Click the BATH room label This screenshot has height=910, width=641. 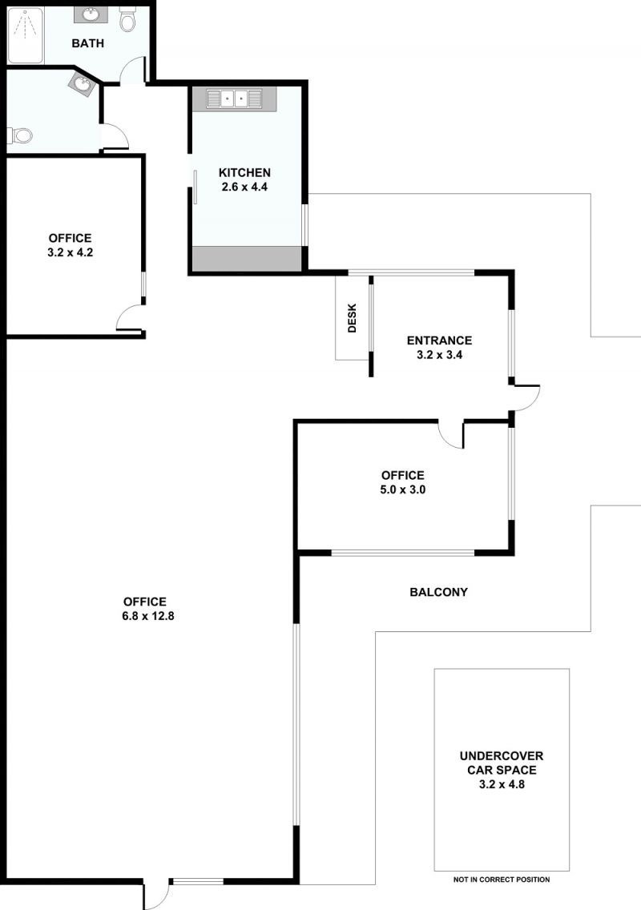(x=87, y=43)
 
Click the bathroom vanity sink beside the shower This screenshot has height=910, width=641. (x=91, y=14)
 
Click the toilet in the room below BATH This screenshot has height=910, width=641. (x=19, y=136)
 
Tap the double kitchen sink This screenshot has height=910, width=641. (x=235, y=99)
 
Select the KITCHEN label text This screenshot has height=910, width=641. (x=244, y=172)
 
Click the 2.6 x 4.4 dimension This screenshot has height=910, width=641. (x=244, y=187)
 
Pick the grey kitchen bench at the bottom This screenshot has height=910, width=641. (x=248, y=258)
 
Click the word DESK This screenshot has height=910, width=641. (x=352, y=318)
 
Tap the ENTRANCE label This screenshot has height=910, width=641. (x=440, y=340)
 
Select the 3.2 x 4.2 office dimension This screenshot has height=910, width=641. (x=71, y=252)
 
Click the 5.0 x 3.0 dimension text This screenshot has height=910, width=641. (x=402, y=489)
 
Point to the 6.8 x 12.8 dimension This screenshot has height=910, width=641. (x=148, y=616)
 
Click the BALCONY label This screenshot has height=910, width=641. (x=438, y=592)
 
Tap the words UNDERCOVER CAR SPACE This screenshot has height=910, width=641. (x=502, y=763)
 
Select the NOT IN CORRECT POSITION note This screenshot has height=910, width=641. (x=502, y=880)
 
